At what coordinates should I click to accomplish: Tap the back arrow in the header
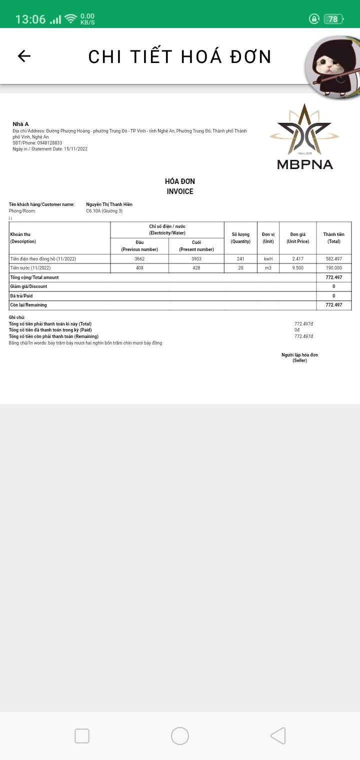pos(24,56)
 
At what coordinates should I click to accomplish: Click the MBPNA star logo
pos(304,131)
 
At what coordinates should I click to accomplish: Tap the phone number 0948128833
pos(49,143)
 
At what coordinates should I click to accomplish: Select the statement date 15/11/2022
pos(75,149)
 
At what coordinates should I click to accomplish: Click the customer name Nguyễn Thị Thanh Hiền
pos(109,204)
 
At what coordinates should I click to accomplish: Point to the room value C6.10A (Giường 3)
pos(104,211)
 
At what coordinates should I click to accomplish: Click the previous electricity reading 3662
pos(139,259)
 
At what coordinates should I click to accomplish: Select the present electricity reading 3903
pos(196,259)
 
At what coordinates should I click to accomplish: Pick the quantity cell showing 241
pos(240,259)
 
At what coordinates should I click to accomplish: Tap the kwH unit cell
pos(268,259)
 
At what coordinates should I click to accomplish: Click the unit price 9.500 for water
pos(298,268)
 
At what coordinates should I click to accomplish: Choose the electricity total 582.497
pos(333,259)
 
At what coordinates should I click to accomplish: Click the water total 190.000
pos(333,268)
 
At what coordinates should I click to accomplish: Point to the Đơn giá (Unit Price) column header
pos(298,238)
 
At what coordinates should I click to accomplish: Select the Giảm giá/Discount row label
pos(28,286)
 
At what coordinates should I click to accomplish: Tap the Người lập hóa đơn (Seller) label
pos(299,357)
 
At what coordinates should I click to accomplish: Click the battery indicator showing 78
pos(333,19)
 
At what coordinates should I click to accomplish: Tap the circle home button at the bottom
pos(180,736)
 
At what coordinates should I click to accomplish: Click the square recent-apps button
pos(82,736)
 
